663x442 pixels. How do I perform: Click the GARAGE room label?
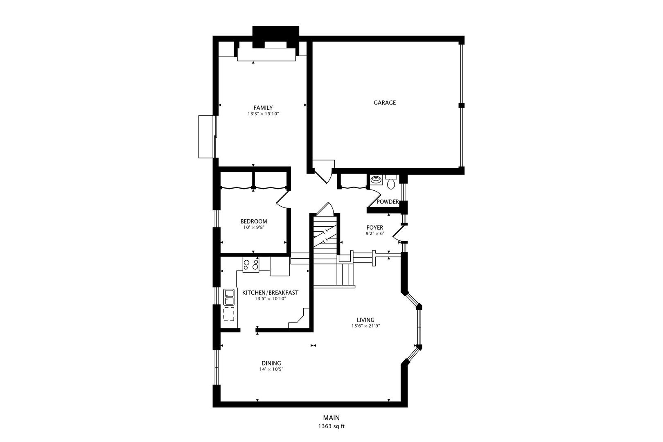click(x=385, y=103)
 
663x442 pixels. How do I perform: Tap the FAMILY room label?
click(x=263, y=108)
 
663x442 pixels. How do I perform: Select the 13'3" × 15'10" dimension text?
click(x=263, y=114)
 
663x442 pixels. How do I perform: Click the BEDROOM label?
click(x=254, y=221)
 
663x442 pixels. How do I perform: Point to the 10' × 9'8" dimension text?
click(x=254, y=228)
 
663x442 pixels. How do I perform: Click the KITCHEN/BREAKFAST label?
click(x=270, y=293)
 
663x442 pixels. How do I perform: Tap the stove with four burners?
click(x=250, y=265)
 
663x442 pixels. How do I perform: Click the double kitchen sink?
click(x=229, y=297)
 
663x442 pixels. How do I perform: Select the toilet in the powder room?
click(x=391, y=182)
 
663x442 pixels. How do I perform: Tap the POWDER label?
click(x=388, y=202)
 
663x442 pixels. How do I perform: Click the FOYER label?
click(x=374, y=228)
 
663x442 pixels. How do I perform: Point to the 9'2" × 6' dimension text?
click(x=374, y=234)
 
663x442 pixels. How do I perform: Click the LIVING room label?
click(x=365, y=320)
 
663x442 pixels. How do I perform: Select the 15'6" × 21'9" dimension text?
click(x=365, y=326)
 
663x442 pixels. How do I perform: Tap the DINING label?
click(x=271, y=363)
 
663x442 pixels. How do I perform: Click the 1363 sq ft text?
click(x=331, y=426)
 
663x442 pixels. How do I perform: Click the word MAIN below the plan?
click(x=331, y=418)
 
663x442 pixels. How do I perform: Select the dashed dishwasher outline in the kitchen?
click(x=229, y=314)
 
